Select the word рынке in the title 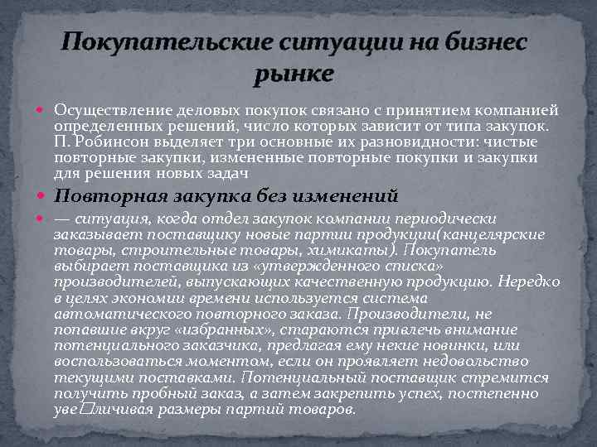294,74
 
